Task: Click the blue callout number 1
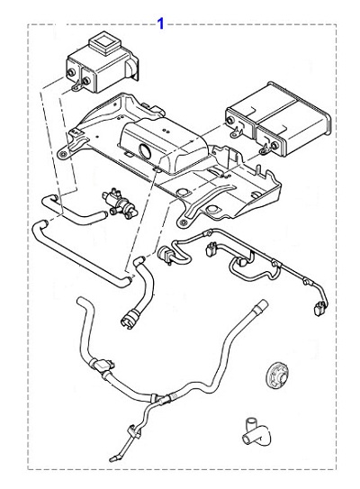[x=160, y=23]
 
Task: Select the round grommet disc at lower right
[x=277, y=376]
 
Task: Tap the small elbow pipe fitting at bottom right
[x=256, y=431]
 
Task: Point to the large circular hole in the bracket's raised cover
[x=146, y=150]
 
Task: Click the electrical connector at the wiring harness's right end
[x=319, y=308]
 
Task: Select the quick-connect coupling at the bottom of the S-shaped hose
[x=129, y=317]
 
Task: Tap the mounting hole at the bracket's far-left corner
[x=63, y=153]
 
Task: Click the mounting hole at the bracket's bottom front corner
[x=183, y=222]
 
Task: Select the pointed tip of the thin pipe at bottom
[x=112, y=458]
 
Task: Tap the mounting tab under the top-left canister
[x=76, y=86]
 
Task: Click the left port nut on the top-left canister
[x=71, y=72]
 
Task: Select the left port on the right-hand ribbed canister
[x=231, y=121]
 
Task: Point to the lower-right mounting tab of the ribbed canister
[x=265, y=150]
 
